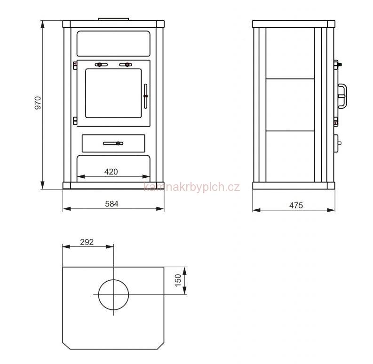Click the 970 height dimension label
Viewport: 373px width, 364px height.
point(38,103)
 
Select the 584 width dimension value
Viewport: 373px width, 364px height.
point(111,204)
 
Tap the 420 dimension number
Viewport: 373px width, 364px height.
point(111,172)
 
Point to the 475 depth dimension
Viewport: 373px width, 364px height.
point(296,206)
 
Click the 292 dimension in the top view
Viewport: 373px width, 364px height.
point(87,242)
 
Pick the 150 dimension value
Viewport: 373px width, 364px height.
point(178,280)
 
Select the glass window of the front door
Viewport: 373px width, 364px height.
point(113,93)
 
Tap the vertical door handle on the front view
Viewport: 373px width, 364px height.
point(146,96)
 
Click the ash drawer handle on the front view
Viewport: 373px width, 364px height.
point(113,143)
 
